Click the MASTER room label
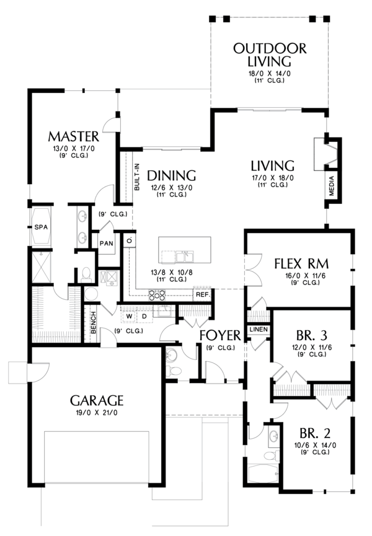(x=74, y=137)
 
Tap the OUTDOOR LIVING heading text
(x=270, y=55)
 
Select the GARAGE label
(x=97, y=400)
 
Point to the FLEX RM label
(x=302, y=264)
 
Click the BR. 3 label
(x=312, y=336)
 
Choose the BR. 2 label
(x=315, y=434)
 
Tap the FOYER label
(x=220, y=336)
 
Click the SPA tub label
(x=41, y=227)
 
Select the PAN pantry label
(x=107, y=244)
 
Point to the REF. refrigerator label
(x=203, y=294)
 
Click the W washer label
(x=129, y=316)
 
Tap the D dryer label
(x=144, y=316)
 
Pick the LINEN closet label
(x=259, y=330)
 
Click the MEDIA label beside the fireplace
(x=331, y=186)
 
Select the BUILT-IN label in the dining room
(x=137, y=177)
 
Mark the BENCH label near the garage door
(x=94, y=323)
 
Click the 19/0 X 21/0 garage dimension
(x=97, y=413)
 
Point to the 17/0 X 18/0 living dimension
(x=273, y=178)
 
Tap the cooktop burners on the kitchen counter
(x=157, y=294)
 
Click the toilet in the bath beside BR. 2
(x=270, y=455)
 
